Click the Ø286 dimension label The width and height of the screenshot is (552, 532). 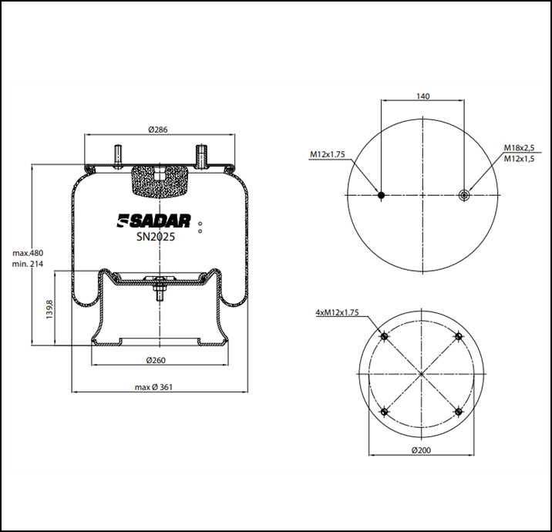coord(158,130)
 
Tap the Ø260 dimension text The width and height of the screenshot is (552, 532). coord(156,360)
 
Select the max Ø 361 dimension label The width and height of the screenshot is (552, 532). coord(154,387)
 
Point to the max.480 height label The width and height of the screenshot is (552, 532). coord(28,253)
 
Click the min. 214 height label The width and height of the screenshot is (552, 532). coord(28,264)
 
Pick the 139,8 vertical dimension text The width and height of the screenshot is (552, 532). coord(49,309)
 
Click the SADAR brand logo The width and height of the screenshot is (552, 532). coord(154,221)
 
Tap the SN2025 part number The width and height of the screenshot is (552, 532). coord(156,237)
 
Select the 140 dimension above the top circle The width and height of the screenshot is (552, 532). coord(422,96)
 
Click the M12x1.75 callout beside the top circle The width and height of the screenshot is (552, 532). coord(328,154)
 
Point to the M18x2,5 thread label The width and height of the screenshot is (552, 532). coord(519,147)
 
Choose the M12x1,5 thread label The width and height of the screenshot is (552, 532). coord(519,159)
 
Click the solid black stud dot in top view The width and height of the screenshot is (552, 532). coord(381,195)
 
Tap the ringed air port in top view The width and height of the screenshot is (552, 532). coord(464,195)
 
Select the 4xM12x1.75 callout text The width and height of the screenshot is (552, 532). coord(337,312)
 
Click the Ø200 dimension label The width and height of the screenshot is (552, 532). coord(421,450)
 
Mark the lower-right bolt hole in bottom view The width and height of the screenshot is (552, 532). coord(459,411)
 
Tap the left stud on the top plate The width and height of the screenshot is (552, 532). coord(118,157)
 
